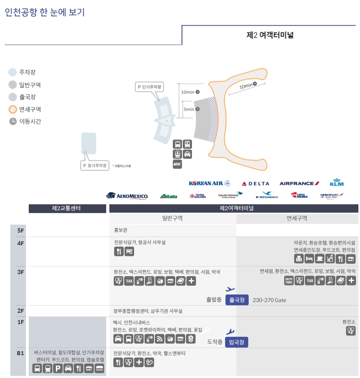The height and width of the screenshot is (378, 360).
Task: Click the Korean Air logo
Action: coord(209,184)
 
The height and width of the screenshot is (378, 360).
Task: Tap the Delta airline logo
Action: coord(255,184)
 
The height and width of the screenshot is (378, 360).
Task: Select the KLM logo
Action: coord(336,183)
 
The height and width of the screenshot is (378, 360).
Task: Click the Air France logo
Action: coord(299,184)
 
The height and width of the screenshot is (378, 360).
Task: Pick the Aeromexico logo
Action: coord(127,196)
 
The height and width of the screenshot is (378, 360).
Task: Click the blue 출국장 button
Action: coord(237,300)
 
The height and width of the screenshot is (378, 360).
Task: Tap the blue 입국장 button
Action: coord(237,342)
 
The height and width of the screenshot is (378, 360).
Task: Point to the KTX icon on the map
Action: coord(177,164)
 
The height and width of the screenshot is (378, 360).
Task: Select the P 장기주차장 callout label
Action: coord(95,165)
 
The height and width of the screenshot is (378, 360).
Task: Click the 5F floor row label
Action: coord(21,230)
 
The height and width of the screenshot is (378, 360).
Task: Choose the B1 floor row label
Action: coord(21,353)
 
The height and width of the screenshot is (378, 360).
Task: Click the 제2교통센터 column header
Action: coord(67,208)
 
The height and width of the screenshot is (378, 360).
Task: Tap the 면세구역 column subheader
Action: coord(297,218)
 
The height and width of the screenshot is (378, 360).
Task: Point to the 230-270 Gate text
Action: coord(269,300)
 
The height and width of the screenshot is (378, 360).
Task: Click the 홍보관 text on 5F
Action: coord(121,230)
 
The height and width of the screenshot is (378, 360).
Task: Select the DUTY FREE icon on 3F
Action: coord(289,281)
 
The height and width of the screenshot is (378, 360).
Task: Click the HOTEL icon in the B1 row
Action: coord(99,368)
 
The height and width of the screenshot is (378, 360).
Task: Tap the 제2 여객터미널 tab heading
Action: coord(270,35)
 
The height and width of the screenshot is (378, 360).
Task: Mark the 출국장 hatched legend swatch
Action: coord(13,97)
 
